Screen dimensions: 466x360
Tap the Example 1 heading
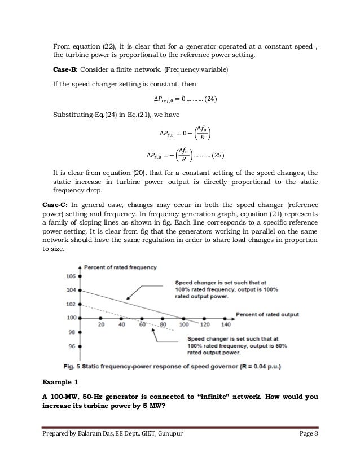[x=60, y=383]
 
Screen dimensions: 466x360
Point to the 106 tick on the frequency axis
[x=71, y=277]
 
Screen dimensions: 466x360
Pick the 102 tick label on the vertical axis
[x=71, y=304]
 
